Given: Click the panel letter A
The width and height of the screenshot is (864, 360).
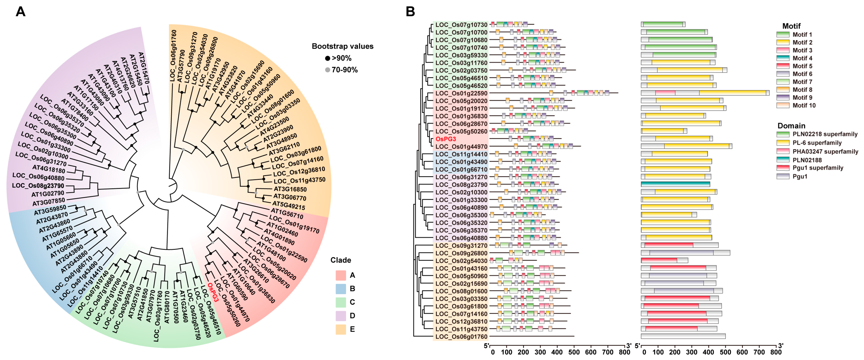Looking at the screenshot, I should (x=20, y=12).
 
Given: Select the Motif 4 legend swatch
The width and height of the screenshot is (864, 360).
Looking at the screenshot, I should (x=783, y=58).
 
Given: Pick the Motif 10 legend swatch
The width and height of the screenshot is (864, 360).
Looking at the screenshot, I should (x=783, y=105).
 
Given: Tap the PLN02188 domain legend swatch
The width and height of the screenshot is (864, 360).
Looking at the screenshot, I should (x=783, y=160).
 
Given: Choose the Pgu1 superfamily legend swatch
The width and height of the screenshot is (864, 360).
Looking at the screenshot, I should (x=783, y=168).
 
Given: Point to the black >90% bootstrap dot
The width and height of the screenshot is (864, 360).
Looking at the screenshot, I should (x=327, y=58).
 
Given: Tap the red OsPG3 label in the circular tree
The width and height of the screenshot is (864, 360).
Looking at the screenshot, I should (x=213, y=292).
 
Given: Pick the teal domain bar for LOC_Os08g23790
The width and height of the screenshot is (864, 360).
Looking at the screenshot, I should (x=675, y=184).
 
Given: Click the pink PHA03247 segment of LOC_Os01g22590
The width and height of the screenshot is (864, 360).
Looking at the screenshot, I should (x=665, y=93).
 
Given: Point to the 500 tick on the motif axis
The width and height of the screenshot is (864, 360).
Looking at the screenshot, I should (x=574, y=352).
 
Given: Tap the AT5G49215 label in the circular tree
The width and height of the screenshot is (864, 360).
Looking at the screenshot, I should (x=288, y=205).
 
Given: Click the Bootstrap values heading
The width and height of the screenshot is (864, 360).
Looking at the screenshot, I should (x=342, y=46).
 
